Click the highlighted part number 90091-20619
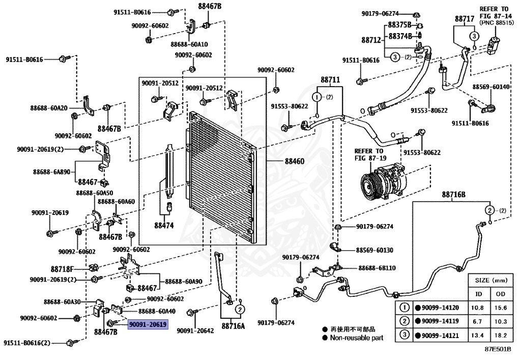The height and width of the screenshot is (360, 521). [x=148, y=324]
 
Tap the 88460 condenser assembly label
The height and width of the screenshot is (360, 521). [x=295, y=161]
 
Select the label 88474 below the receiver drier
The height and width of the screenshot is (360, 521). [x=164, y=226]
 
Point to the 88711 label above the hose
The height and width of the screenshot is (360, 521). [x=330, y=80]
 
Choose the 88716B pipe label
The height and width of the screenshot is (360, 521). [x=453, y=195]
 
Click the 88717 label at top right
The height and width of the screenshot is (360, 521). [x=465, y=19]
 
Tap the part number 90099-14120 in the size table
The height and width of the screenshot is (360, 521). [x=440, y=308]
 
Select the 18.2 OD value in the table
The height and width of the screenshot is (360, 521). [x=501, y=336]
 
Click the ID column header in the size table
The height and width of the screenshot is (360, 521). [x=478, y=294]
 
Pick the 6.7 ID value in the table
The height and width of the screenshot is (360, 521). [x=477, y=321]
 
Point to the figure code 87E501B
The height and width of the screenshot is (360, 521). [x=498, y=349]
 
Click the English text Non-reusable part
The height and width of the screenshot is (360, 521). [x=357, y=338]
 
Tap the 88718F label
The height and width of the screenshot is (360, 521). [x=62, y=269]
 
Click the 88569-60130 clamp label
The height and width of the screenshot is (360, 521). [x=374, y=250]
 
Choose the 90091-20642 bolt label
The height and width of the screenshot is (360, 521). [x=195, y=331]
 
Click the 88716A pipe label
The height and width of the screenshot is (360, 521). [x=233, y=326]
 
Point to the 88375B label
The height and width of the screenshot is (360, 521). [x=400, y=25]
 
